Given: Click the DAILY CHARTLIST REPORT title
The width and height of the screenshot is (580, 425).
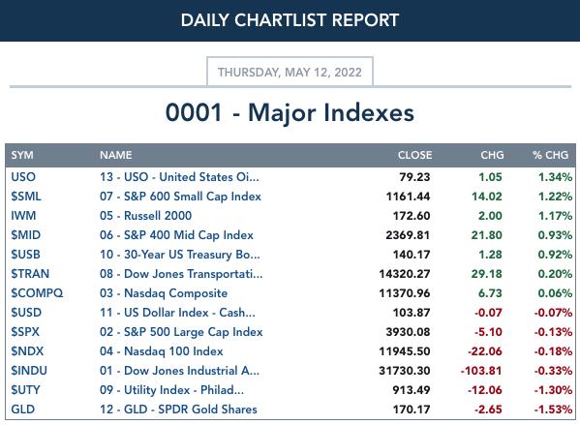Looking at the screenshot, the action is coord(290,20).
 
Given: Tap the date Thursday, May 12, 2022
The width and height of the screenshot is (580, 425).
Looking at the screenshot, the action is coord(290,73).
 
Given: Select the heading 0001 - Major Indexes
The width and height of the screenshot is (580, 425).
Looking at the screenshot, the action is coord(290,112).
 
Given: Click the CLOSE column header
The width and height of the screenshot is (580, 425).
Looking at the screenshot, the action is coord(414,155).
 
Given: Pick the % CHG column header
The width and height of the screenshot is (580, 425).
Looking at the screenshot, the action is coord(550,155).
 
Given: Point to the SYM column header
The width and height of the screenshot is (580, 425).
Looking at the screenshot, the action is coord(22,155).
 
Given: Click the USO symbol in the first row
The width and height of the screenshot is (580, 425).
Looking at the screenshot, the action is coord(23,177).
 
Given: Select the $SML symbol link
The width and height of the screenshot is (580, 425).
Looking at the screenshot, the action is coord(26,196).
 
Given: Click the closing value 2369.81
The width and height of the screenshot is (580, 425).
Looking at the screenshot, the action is coord(408,235).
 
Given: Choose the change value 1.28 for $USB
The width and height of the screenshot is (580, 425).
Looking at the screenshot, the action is coord(490,255).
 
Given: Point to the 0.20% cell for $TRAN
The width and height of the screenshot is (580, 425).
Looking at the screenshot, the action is coord(555,274).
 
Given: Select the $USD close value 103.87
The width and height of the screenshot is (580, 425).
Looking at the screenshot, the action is coord(412,313).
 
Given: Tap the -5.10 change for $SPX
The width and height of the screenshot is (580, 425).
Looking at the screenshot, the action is coord(488,332).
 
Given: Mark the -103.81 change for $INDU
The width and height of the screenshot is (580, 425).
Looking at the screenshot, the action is coord(481,371).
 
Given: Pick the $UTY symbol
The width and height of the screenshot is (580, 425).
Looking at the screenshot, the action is coord(25,390).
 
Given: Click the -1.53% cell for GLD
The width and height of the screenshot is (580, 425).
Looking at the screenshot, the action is coord(553,410).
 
